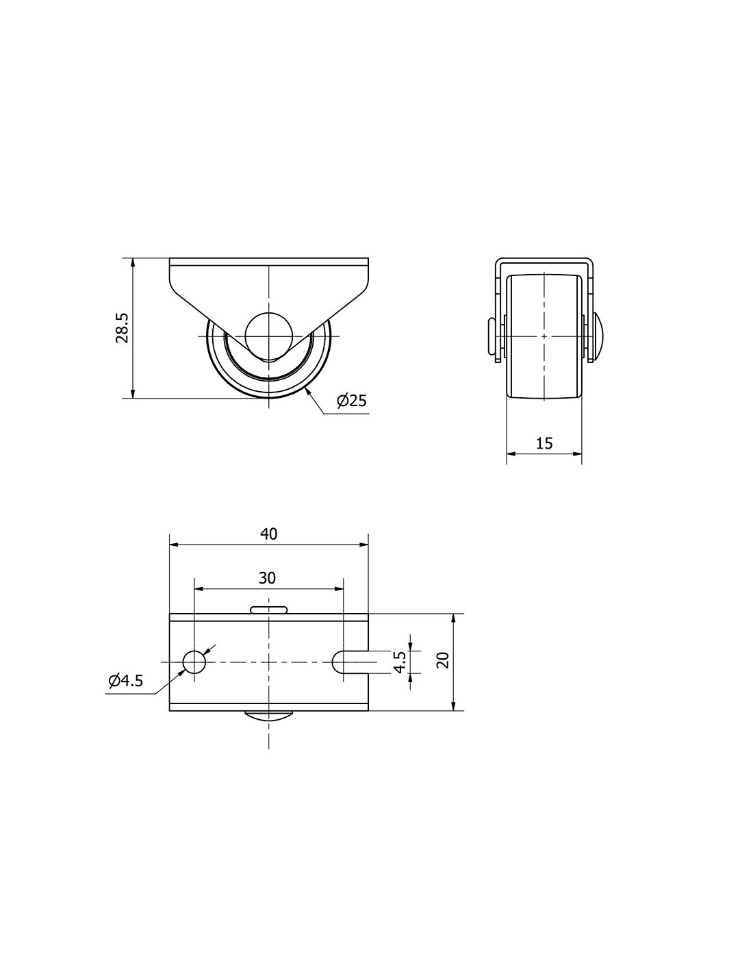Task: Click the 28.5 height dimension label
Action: click(x=122, y=327)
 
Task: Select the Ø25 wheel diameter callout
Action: click(x=352, y=401)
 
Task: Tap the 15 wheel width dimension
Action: click(x=544, y=443)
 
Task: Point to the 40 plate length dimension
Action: click(x=268, y=534)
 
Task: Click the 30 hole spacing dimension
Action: click(x=268, y=578)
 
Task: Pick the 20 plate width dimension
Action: click(x=443, y=660)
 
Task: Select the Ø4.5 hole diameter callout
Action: click(x=125, y=681)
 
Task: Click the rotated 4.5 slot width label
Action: click(x=400, y=662)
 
